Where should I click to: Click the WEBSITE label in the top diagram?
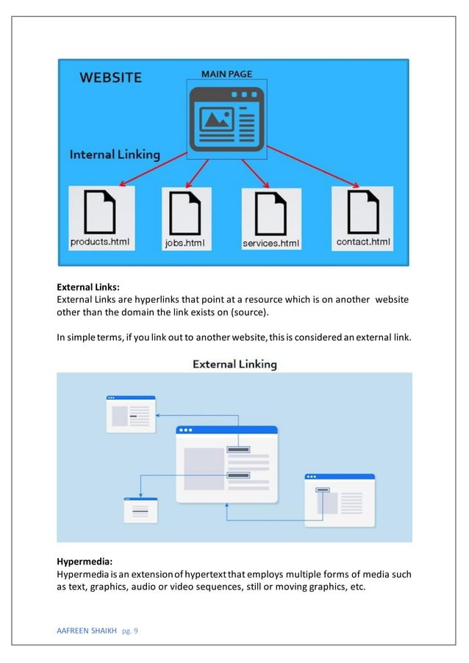[110, 77]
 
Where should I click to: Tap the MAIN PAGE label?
[226, 74]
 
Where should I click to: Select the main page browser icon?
[226, 119]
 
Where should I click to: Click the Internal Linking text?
[115, 154]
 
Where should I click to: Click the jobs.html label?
[185, 243]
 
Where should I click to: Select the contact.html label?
[363, 241]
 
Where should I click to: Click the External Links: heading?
[87, 287]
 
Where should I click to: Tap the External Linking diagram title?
[234, 364]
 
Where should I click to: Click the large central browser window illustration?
[226, 464]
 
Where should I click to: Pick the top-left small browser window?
[131, 414]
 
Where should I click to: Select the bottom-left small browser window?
[140, 509]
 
